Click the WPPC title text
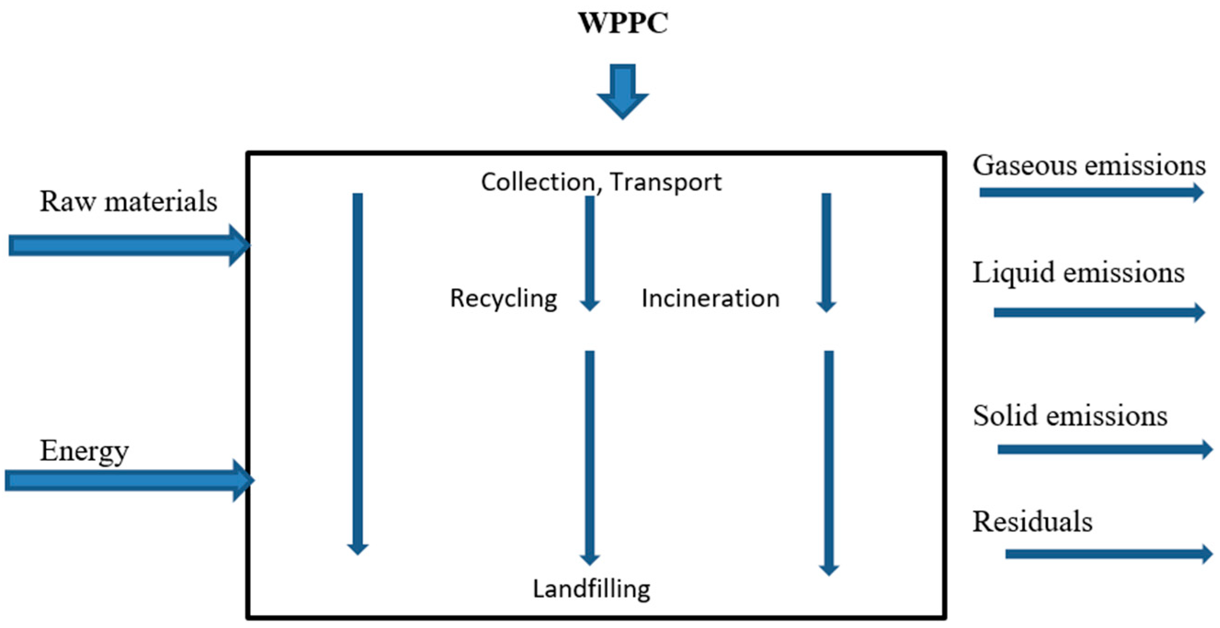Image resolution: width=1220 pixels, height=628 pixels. click(623, 22)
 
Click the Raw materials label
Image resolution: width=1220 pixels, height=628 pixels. click(128, 202)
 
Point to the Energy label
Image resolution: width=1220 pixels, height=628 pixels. click(84, 451)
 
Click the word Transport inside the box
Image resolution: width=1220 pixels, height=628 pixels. click(666, 182)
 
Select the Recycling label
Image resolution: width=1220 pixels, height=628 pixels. click(504, 298)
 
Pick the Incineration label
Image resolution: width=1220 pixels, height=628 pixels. click(710, 298)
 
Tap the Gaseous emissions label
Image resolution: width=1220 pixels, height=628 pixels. click(1089, 166)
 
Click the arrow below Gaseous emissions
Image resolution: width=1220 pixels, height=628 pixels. click(1089, 192)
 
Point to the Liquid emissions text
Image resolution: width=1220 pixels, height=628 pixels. click(1078, 273)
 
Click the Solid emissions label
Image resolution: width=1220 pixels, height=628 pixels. click(1070, 416)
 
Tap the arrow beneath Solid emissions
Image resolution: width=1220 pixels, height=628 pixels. click(1103, 449)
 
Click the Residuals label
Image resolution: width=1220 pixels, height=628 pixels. click(1033, 521)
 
